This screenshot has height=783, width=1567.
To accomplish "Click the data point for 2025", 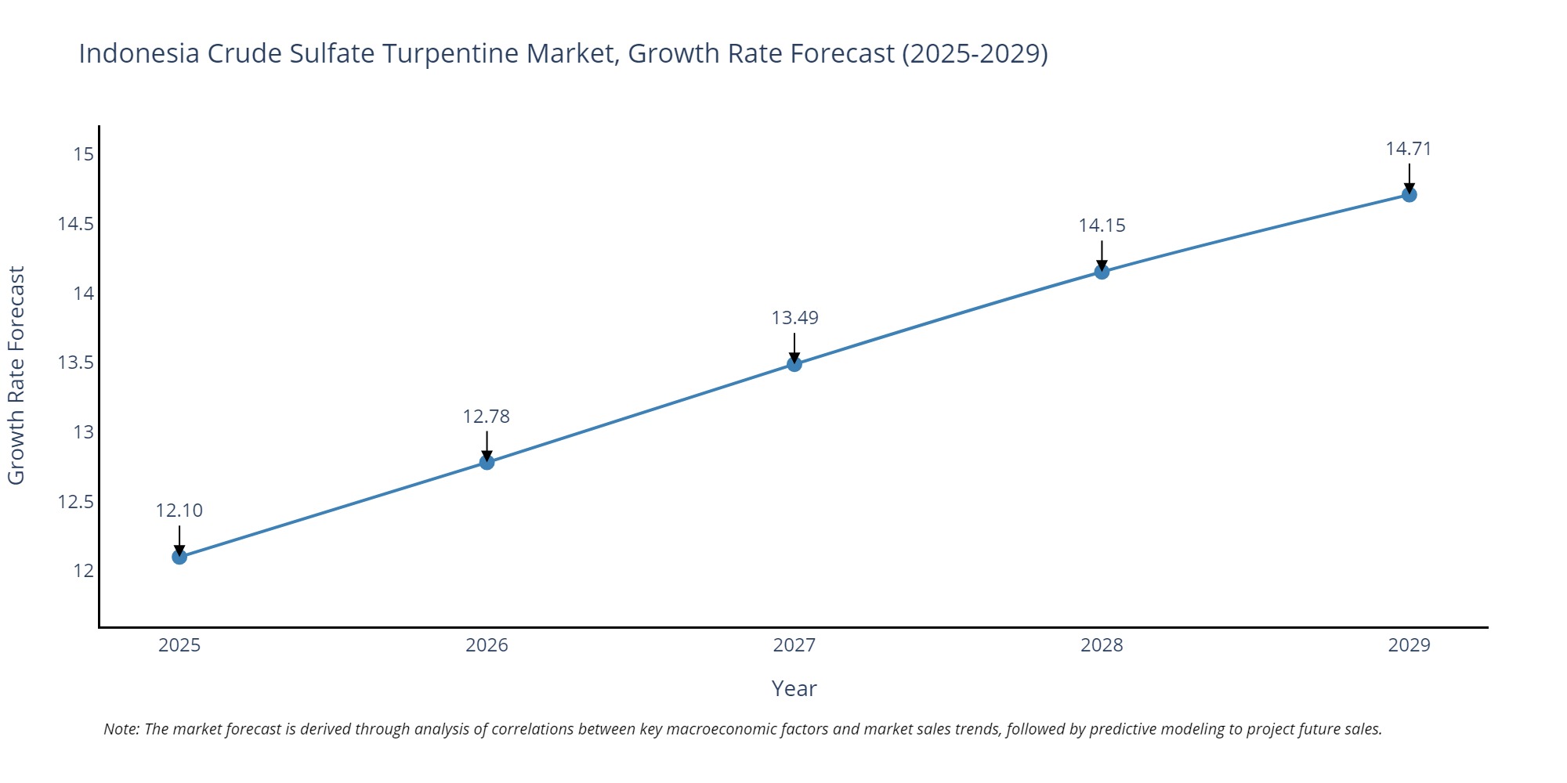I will pyautogui.click(x=179, y=557).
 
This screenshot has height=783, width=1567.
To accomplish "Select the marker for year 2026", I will pyautogui.click(x=487, y=462).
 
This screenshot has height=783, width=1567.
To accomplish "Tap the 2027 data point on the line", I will pyautogui.click(x=794, y=363).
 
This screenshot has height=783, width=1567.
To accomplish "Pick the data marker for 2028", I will pyautogui.click(x=1102, y=272).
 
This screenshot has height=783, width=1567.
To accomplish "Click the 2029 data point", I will pyautogui.click(x=1409, y=194).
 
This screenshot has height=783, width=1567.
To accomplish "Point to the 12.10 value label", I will pyautogui.click(x=179, y=511).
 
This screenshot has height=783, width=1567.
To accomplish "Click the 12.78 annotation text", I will pyautogui.click(x=487, y=417).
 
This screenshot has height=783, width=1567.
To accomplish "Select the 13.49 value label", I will pyautogui.click(x=794, y=318).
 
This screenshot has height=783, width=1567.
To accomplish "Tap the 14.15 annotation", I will pyautogui.click(x=1102, y=226).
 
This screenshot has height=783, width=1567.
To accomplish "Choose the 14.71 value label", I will pyautogui.click(x=1409, y=149).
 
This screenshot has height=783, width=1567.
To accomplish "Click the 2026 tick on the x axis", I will pyautogui.click(x=487, y=645).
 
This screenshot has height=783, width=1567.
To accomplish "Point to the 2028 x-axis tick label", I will pyautogui.click(x=1102, y=645).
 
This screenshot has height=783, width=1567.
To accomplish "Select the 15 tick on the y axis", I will pyautogui.click(x=83, y=154).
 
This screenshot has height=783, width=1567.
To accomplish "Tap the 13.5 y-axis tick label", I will pyautogui.click(x=75, y=363).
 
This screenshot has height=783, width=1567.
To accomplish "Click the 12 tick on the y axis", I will pyautogui.click(x=83, y=571).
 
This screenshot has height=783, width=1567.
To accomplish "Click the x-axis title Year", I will pyautogui.click(x=794, y=689).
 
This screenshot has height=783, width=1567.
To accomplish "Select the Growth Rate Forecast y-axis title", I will pyautogui.click(x=16, y=375).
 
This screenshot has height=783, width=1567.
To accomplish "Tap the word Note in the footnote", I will pyautogui.click(x=121, y=729).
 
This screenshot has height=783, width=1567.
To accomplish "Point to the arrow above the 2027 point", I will pyautogui.click(x=794, y=346).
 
